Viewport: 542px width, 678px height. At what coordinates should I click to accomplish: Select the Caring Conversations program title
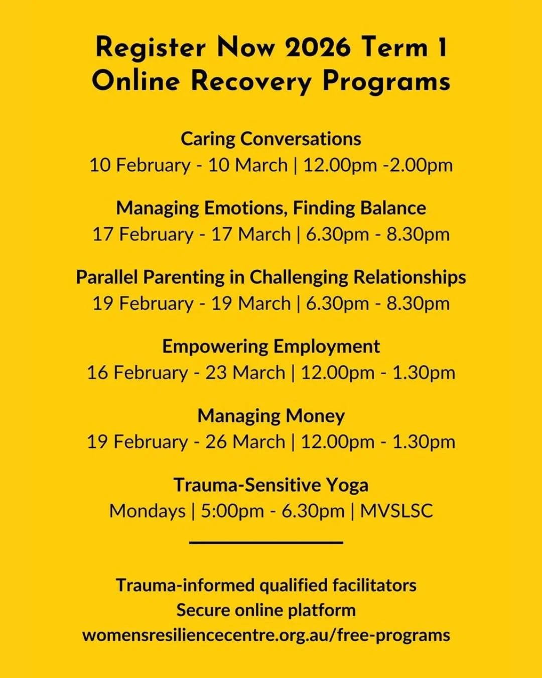(x=271, y=139)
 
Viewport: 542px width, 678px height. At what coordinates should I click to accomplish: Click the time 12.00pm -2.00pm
(x=378, y=165)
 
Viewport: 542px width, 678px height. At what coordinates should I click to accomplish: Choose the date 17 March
(x=250, y=235)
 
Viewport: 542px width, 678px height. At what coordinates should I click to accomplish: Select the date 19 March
(x=250, y=304)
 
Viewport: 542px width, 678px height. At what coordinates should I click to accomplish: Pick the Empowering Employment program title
(x=271, y=347)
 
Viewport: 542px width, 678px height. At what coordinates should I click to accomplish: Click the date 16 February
(x=137, y=373)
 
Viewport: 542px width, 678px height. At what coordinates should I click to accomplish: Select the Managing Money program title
(x=271, y=416)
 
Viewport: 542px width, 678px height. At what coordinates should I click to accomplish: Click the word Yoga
(x=347, y=485)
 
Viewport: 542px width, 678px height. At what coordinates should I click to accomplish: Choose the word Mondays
(x=147, y=511)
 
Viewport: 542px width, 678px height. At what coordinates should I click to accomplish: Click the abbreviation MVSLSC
(x=396, y=511)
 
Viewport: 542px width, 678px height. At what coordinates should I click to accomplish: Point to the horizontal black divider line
(x=266, y=542)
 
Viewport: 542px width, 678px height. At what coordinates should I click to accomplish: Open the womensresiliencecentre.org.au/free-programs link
(x=266, y=635)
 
